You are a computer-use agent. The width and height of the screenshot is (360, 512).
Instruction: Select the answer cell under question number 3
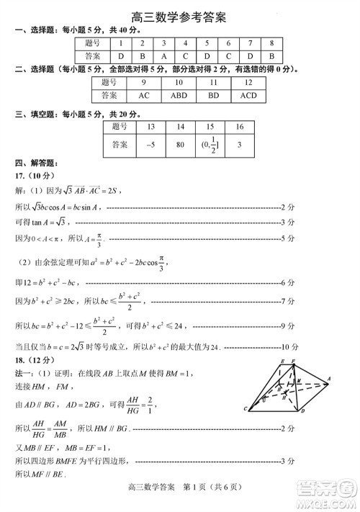pyautogui.click(x=163, y=55)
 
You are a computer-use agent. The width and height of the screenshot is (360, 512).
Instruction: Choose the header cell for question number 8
pyautogui.click(x=271, y=42)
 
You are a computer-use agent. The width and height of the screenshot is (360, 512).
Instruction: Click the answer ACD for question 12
pyautogui.click(x=248, y=94)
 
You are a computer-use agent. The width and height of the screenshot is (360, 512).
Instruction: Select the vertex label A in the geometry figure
pyautogui.click(x=328, y=378)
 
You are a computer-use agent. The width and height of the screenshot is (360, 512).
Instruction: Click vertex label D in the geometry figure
pyautogui.click(x=302, y=410)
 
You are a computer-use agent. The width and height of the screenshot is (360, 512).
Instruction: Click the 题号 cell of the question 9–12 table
pyautogui.click(x=109, y=81)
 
